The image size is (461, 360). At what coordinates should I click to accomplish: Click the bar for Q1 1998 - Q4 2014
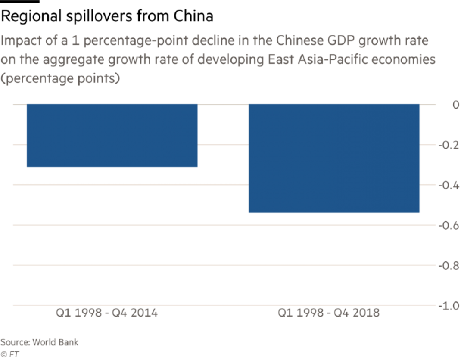click(x=112, y=135)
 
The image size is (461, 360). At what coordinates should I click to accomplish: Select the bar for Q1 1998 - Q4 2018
click(x=334, y=158)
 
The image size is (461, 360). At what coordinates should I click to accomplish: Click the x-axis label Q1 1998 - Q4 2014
click(x=107, y=313)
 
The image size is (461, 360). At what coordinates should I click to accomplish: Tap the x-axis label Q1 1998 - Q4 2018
click(x=329, y=313)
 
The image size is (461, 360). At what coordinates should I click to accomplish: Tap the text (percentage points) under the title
click(x=60, y=79)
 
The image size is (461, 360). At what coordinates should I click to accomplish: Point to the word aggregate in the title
click(x=69, y=61)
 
